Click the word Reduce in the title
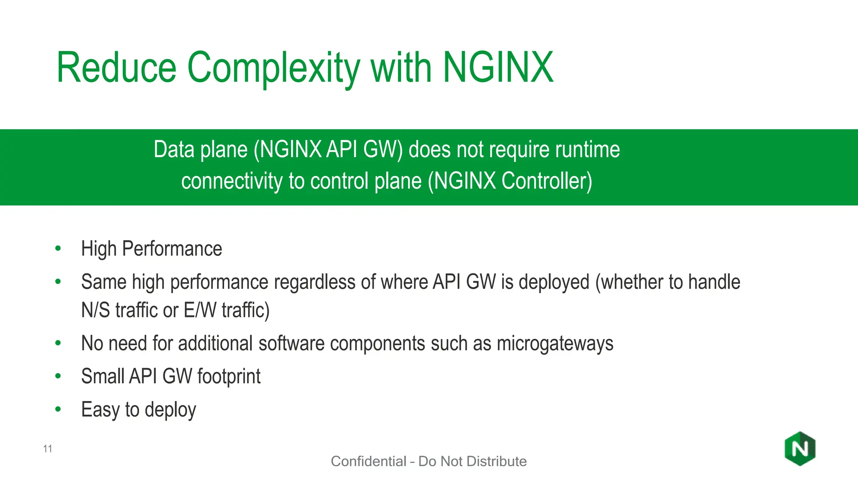[x=116, y=68]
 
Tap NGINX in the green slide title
[x=498, y=68]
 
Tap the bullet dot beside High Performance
[x=58, y=248]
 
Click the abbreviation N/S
[x=95, y=311]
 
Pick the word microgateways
[x=555, y=344]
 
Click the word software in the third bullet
[x=291, y=343]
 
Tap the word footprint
[x=229, y=377]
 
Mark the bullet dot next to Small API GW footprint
[x=58, y=376]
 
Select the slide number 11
[x=47, y=449]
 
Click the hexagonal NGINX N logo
[x=800, y=449]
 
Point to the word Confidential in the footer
[x=368, y=461]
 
